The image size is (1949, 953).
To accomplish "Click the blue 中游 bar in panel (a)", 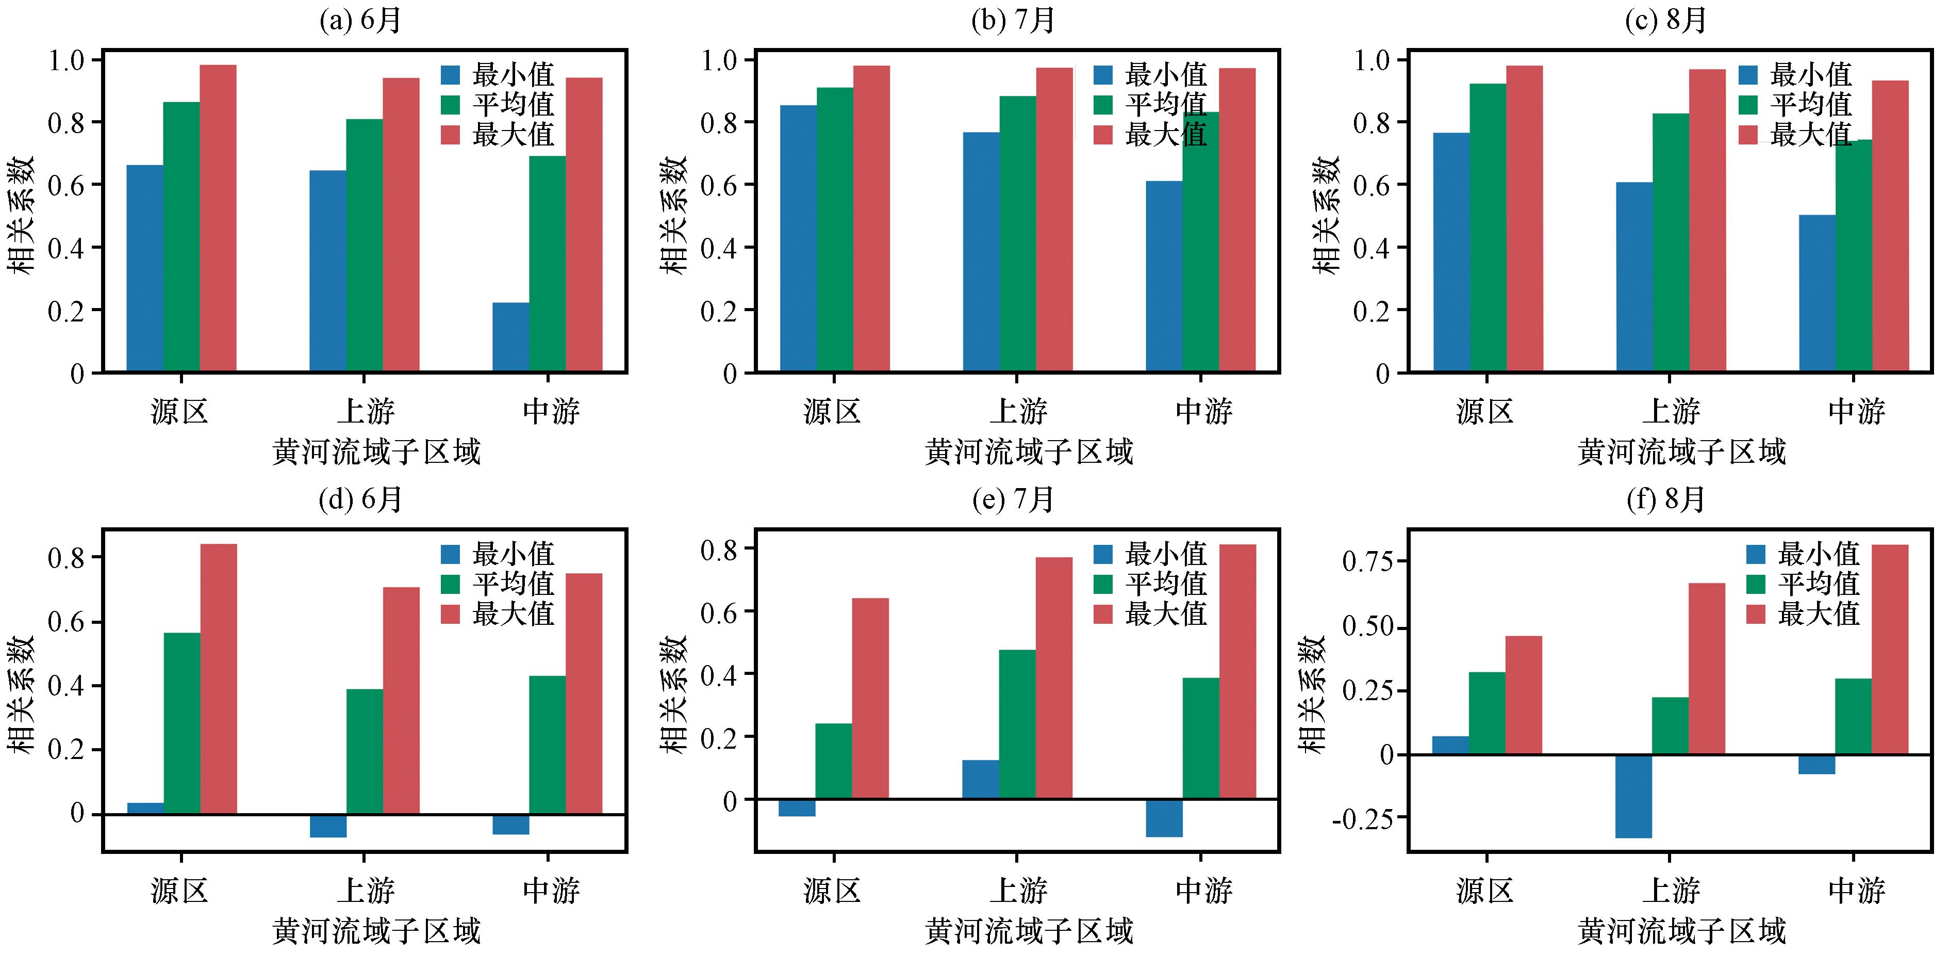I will pyautogui.click(x=510, y=337).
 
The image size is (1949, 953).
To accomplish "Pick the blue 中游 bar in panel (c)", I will pyautogui.click(x=1818, y=293).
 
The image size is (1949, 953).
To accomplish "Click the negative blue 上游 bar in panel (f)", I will pyautogui.click(x=1633, y=796).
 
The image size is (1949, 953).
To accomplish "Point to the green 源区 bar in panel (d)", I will pyautogui.click(x=181, y=723).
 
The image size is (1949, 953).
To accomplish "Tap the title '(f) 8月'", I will pyautogui.click(x=1666, y=499).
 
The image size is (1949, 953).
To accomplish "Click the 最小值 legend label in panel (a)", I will pyautogui.click(x=514, y=74).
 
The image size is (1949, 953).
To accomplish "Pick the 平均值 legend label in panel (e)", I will pyautogui.click(x=1166, y=584).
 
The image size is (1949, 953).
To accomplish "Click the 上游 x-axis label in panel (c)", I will pyautogui.click(x=1671, y=412).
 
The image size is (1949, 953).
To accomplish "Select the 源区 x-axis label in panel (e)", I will pyautogui.click(x=832, y=890).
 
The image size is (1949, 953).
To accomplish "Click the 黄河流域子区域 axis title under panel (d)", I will pyautogui.click(x=376, y=931).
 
